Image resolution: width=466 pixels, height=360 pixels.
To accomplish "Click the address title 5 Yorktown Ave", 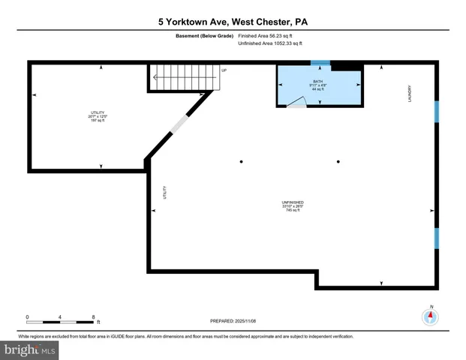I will pyautogui.click(x=233, y=22).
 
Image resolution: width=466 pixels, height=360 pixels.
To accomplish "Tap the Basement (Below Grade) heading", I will pyautogui.click(x=203, y=35).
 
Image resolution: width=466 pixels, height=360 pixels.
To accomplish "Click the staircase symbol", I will pyautogui.click(x=181, y=78).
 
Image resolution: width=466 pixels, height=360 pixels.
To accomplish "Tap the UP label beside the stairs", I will pyautogui.click(x=224, y=70).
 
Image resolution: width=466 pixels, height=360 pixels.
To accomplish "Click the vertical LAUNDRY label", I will pyautogui.click(x=410, y=94).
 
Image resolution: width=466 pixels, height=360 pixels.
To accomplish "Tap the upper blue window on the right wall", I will pyautogui.click(x=436, y=111).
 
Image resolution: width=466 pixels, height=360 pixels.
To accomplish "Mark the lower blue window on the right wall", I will pyautogui.click(x=436, y=238).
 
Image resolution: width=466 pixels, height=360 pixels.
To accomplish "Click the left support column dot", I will pyautogui.click(x=241, y=161).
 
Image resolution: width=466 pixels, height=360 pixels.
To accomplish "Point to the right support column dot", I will pyautogui.click(x=338, y=161).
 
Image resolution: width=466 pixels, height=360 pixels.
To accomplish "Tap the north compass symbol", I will pyautogui.click(x=431, y=316).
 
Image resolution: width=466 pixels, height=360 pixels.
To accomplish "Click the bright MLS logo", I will pyautogui.click(x=30, y=349).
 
